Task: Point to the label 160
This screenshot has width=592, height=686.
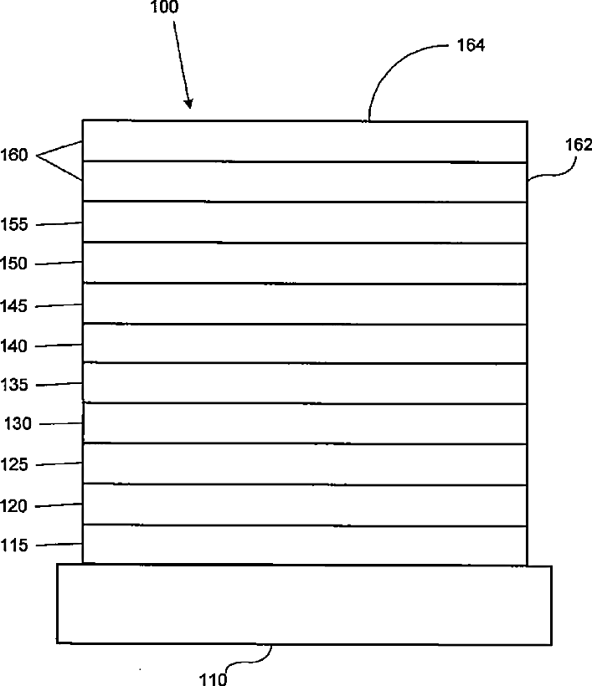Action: [x=15, y=155]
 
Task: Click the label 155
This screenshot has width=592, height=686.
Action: [x=15, y=225]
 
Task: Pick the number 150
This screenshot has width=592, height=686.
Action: [x=15, y=264]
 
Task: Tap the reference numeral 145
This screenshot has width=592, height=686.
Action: [x=15, y=307]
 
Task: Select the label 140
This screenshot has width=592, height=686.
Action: [x=15, y=346]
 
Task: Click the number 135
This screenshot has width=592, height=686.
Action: [x=15, y=386]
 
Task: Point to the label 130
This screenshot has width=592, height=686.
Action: [x=18, y=424]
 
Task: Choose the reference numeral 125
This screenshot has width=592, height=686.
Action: [x=15, y=465]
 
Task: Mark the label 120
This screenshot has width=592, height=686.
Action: [x=15, y=506]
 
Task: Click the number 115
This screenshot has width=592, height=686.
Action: [x=15, y=546]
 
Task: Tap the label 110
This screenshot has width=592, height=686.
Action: [x=213, y=678]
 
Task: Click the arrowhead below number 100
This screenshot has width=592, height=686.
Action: [x=188, y=104]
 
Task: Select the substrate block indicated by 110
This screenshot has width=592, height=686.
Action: [x=304, y=604]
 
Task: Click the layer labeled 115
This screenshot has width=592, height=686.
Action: [x=305, y=545]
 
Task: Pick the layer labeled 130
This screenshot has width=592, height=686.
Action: [x=305, y=423]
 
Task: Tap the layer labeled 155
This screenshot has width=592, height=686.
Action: [x=305, y=222]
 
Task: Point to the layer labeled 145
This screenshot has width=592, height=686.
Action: [x=305, y=303]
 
